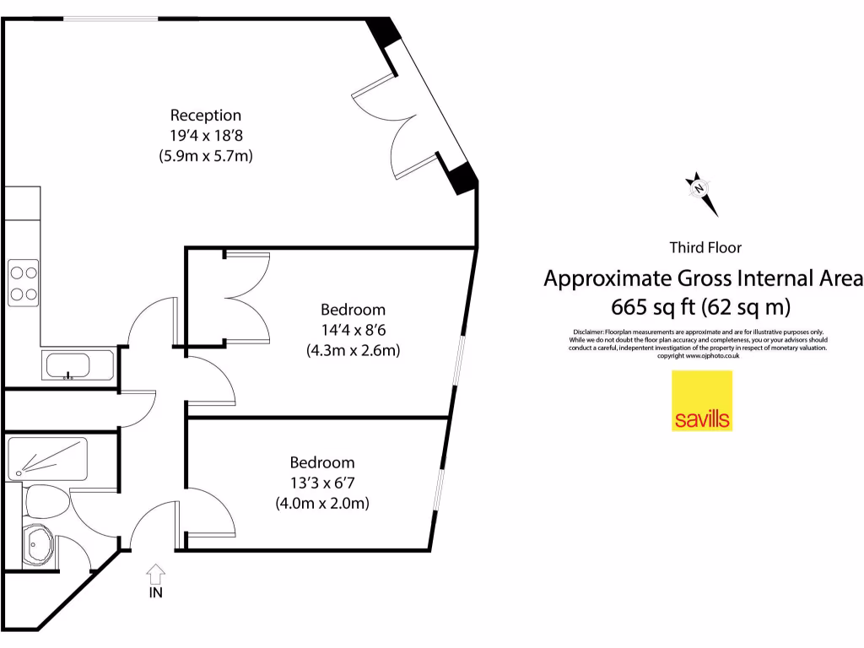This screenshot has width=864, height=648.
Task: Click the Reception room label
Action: tap(206, 116)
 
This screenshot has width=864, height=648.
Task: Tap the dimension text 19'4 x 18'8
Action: tap(206, 135)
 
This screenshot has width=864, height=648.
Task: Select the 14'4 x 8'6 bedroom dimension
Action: tap(353, 330)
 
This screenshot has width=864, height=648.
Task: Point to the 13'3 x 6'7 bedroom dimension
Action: tap(322, 483)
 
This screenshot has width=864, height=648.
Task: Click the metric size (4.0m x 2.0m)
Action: tap(322, 504)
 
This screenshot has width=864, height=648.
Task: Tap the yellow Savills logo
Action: tap(702, 401)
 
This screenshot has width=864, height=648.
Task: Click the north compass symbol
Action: tap(699, 191)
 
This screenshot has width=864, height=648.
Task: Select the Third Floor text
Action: tap(705, 247)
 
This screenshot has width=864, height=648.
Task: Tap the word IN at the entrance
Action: tap(155, 592)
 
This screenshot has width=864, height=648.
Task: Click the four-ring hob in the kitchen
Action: tap(23, 283)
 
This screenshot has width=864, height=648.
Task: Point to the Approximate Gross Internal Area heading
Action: tap(703, 278)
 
